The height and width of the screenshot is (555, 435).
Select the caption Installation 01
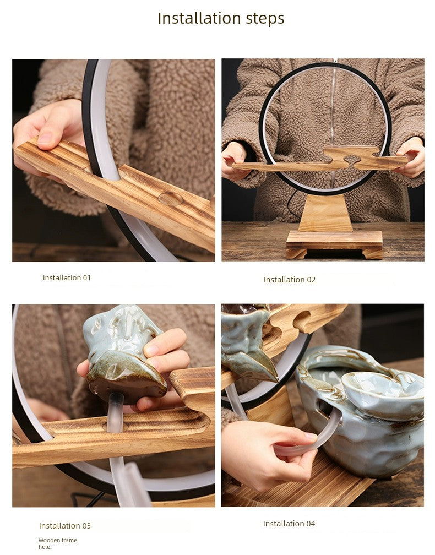tap(67, 278)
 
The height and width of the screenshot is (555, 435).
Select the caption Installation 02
tap(290, 280)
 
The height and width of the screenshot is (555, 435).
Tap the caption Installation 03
tap(65, 526)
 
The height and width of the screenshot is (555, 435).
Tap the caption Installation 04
tap(289, 524)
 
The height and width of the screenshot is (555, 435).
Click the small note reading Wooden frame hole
tap(58, 543)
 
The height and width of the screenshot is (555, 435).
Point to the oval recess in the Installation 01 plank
tap(171, 199)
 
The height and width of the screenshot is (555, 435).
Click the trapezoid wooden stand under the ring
tap(325, 213)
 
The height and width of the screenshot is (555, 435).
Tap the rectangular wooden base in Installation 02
tap(334, 244)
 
